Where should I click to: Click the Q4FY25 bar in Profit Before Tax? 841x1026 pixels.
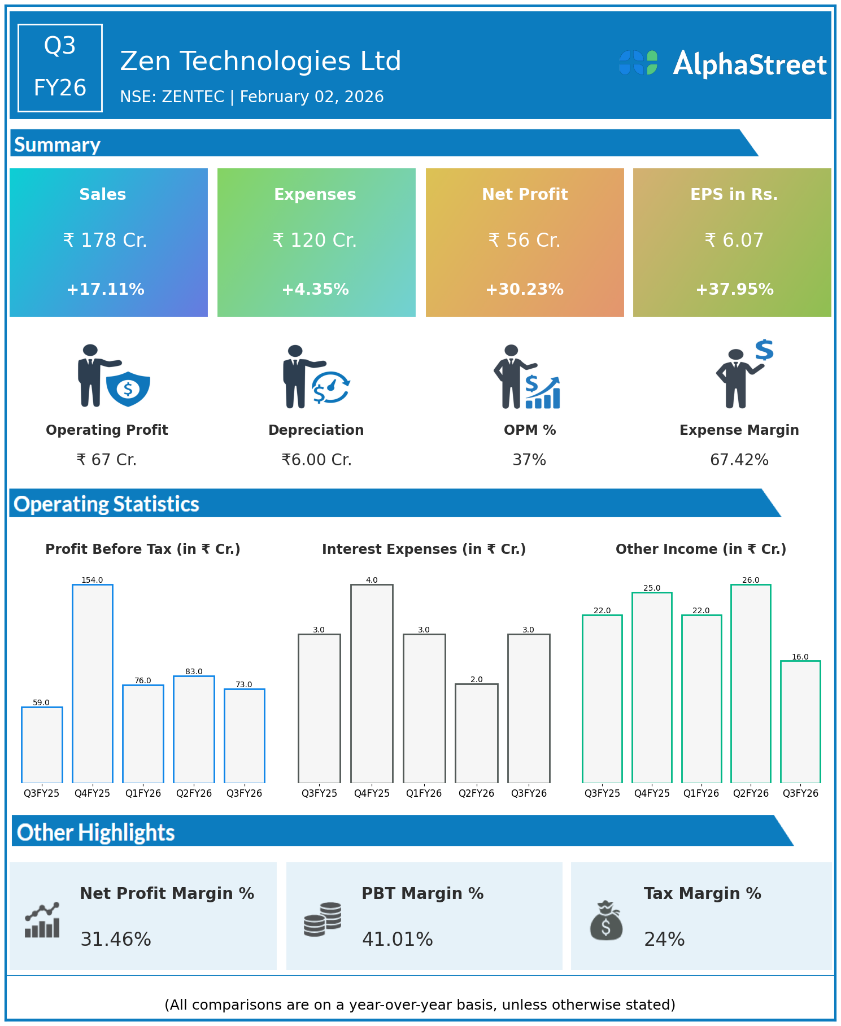click(93, 683)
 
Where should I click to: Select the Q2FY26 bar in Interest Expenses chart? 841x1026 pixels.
click(477, 733)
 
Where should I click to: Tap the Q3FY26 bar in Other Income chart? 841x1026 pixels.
click(800, 722)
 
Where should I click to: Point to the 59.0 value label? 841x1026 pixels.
click(41, 702)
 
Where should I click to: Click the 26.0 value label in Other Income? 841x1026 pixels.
click(751, 580)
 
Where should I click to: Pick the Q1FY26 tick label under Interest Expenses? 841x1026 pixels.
click(424, 793)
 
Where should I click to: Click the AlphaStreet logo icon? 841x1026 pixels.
click(638, 63)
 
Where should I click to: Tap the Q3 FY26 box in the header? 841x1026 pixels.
click(60, 68)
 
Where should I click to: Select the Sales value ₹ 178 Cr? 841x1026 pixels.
click(105, 241)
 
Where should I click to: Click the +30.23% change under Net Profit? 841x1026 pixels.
click(525, 290)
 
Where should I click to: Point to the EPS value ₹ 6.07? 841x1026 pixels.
click(734, 241)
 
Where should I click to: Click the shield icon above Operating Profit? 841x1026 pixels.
click(128, 388)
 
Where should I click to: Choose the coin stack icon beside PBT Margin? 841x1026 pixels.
click(323, 919)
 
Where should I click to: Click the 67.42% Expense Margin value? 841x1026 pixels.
click(739, 460)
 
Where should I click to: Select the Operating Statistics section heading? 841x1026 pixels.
click(107, 504)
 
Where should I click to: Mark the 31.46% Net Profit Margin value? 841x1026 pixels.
click(116, 939)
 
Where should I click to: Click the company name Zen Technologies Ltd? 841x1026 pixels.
click(260, 61)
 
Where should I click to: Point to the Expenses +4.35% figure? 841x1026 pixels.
click(315, 290)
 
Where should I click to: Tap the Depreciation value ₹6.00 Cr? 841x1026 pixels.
click(317, 460)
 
